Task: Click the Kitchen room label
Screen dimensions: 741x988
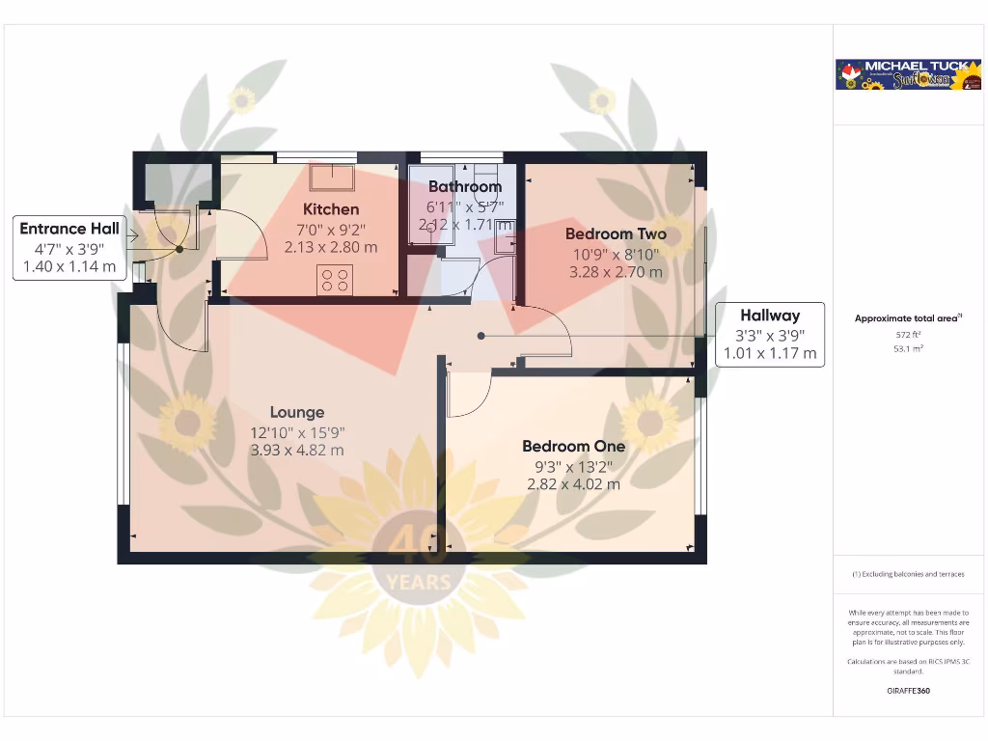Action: pyautogui.click(x=331, y=209)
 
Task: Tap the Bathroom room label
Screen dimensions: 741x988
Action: pyautogui.click(x=465, y=186)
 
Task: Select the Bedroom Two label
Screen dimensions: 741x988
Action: pyautogui.click(x=616, y=233)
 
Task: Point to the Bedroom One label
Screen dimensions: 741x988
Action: pyautogui.click(x=573, y=446)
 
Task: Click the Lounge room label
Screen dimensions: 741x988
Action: pyautogui.click(x=297, y=412)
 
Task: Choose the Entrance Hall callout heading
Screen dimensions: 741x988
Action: pyautogui.click(x=69, y=229)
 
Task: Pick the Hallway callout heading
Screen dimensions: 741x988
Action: pyautogui.click(x=770, y=315)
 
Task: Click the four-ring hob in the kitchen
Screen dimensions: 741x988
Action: pyautogui.click(x=335, y=281)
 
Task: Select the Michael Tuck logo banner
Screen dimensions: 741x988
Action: pyautogui.click(x=908, y=75)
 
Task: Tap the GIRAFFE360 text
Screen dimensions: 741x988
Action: pyautogui.click(x=908, y=691)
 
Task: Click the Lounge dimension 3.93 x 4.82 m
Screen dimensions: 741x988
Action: pyautogui.click(x=297, y=450)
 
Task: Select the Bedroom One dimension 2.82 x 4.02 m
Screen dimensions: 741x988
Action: pyautogui.click(x=573, y=483)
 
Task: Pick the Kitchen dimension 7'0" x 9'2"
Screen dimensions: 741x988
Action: pyautogui.click(x=331, y=229)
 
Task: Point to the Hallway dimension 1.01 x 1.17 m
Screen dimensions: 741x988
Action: pyautogui.click(x=770, y=353)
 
